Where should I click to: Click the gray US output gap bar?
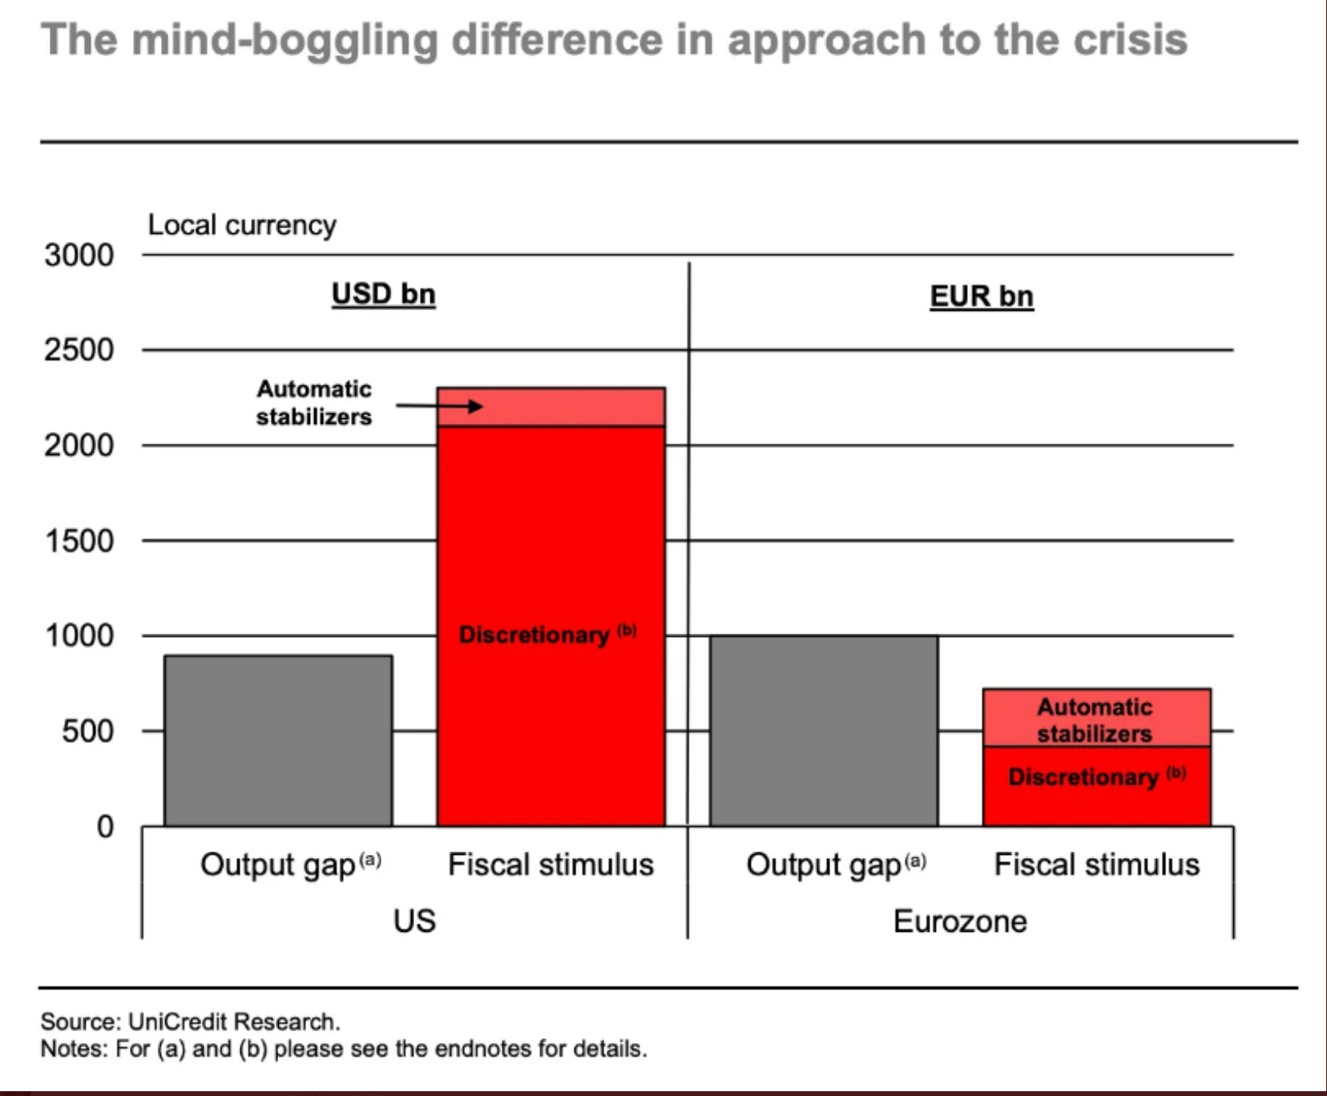(x=278, y=740)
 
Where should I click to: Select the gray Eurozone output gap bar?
(x=824, y=731)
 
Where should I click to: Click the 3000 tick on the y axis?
(x=79, y=256)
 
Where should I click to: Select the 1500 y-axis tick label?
(x=79, y=541)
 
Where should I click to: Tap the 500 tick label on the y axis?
(x=87, y=731)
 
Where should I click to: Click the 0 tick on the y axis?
(x=105, y=826)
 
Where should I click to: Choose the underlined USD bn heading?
(x=384, y=294)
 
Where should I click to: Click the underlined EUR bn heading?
(x=982, y=296)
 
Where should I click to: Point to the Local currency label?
(x=242, y=225)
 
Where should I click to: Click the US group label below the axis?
(x=414, y=921)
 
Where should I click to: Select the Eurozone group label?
(x=960, y=921)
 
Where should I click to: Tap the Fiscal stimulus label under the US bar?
(x=551, y=864)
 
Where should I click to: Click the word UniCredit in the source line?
(x=178, y=1021)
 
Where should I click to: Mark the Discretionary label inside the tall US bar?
(x=534, y=635)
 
